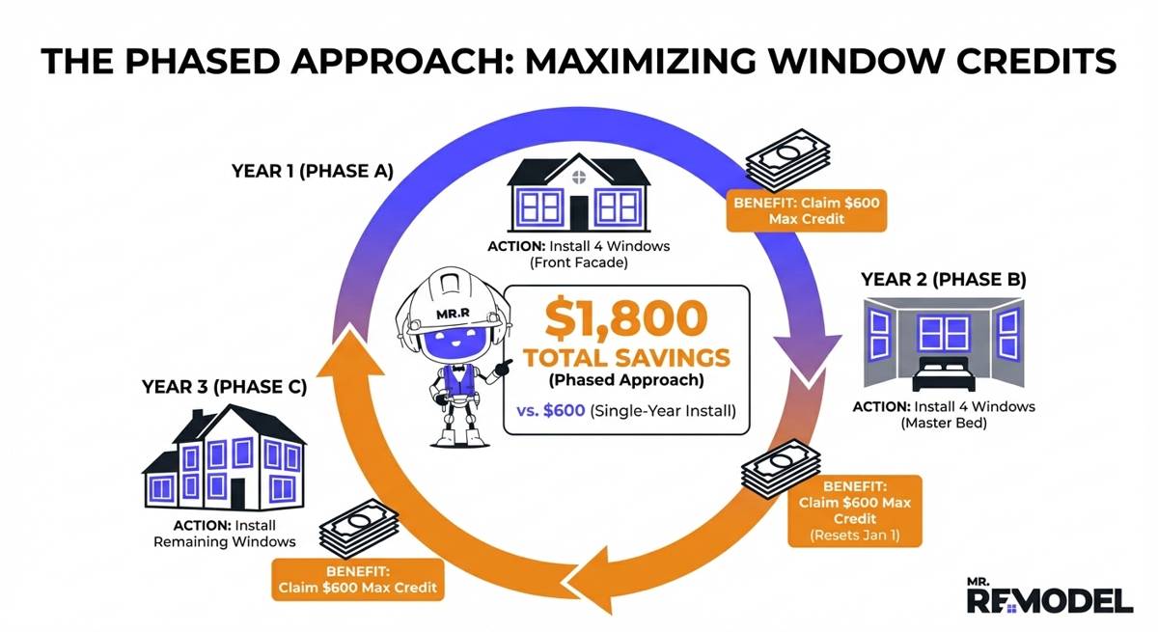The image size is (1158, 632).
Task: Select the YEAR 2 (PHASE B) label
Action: [943, 280]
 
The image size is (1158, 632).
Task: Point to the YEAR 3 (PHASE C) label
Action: [224, 387]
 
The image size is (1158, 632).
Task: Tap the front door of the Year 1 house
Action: [578, 212]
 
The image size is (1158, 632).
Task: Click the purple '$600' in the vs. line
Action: [565, 409]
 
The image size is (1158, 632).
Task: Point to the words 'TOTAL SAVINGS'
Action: [626, 358]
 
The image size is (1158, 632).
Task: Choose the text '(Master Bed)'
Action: [943, 424]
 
